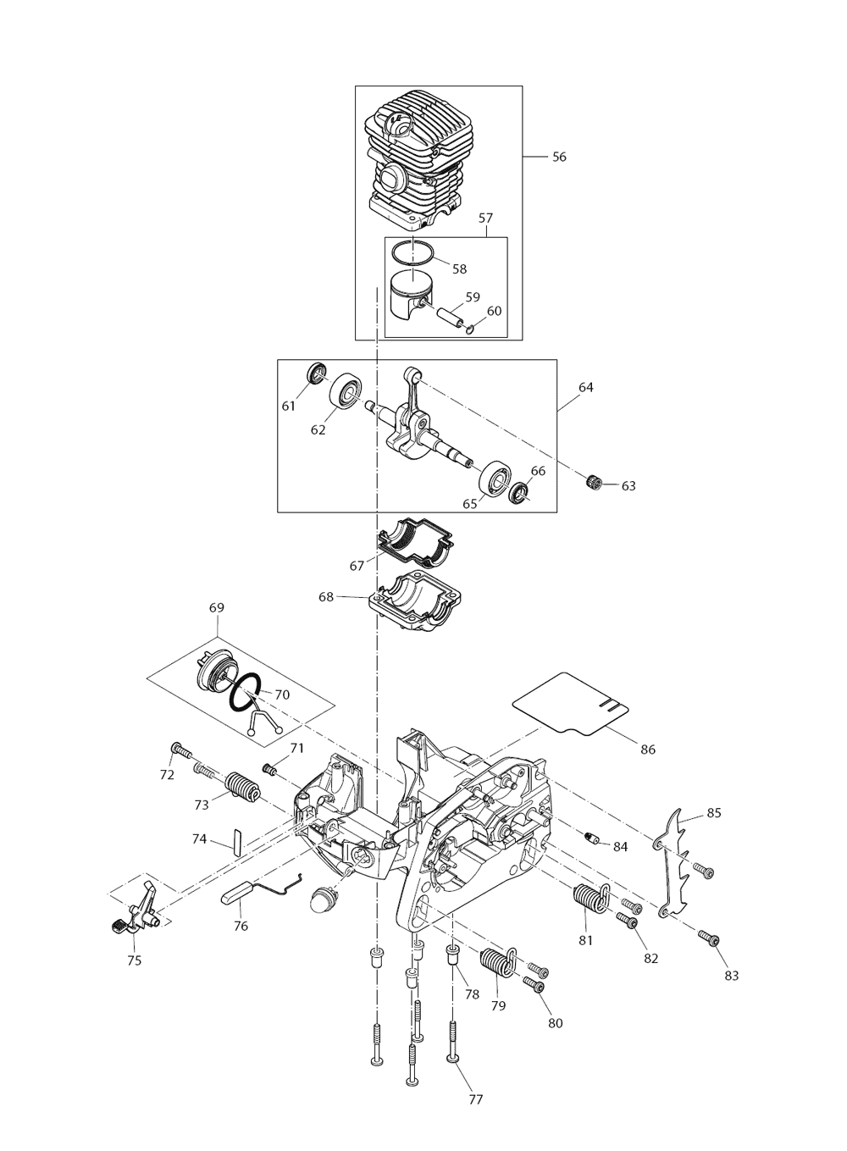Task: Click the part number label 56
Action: (x=559, y=157)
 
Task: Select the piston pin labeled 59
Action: (x=449, y=314)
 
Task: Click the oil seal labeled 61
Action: (x=317, y=374)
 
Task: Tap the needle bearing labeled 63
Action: (x=594, y=483)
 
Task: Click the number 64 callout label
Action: (x=586, y=387)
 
